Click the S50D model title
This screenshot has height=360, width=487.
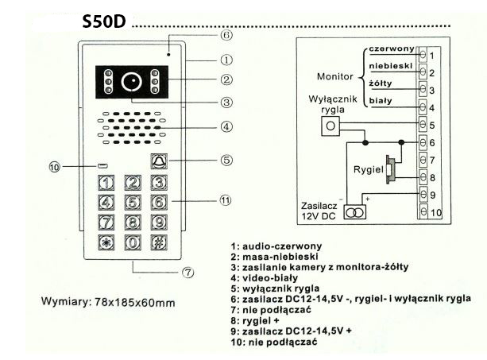point(104,21)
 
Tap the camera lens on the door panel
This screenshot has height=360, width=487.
point(131,81)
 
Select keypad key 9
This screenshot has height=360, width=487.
point(159,222)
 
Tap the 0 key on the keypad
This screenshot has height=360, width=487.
point(134,242)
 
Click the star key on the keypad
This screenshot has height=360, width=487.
point(106,242)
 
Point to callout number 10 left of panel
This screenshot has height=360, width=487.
point(54,167)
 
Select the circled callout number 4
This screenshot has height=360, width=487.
point(226,126)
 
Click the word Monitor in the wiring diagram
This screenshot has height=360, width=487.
point(334,77)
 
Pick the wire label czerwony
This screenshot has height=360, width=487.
point(390,49)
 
